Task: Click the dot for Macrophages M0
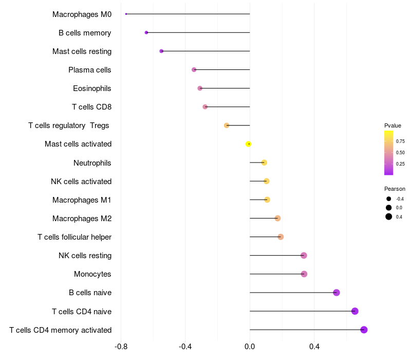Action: tap(126, 14)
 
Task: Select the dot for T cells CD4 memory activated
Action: tap(364, 330)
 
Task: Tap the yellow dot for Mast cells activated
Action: tap(249, 144)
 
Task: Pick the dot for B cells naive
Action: tap(337, 293)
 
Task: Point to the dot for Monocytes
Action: tap(304, 274)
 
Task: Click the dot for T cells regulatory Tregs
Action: tap(227, 125)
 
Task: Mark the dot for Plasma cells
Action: tap(194, 69)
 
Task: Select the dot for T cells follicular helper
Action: tap(281, 237)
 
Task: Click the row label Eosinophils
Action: tap(92, 88)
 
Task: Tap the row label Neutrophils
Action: tap(92, 163)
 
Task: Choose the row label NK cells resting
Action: tap(85, 256)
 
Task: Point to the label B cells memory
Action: tap(85, 33)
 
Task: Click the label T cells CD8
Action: tap(91, 107)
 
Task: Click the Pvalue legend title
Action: tap(393, 125)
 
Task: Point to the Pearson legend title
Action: tap(395, 189)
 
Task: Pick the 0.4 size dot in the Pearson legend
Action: tap(389, 217)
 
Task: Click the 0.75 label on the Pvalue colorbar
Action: tap(400, 141)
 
